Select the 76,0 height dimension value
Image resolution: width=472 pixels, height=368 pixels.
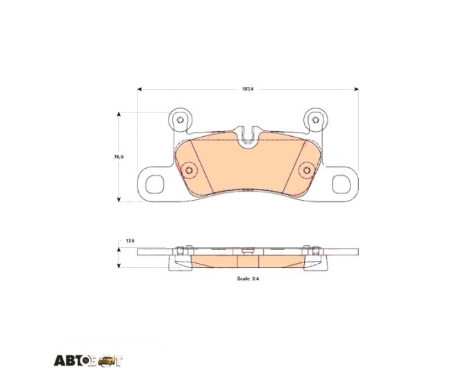(x=119, y=157)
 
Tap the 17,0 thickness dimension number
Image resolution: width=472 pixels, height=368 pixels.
(x=130, y=241)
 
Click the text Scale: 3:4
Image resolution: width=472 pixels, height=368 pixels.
(x=248, y=278)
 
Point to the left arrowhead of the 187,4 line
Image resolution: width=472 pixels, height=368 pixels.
(x=140, y=89)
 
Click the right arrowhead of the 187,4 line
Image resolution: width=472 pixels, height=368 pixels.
(x=356, y=89)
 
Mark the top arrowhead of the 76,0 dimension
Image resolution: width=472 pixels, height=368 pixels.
(x=119, y=114)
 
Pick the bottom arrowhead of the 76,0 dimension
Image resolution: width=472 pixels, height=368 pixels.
(x=119, y=199)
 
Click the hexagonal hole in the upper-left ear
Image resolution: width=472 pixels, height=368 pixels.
(x=180, y=120)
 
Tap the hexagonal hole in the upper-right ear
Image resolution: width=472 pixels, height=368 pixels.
(x=315, y=120)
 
